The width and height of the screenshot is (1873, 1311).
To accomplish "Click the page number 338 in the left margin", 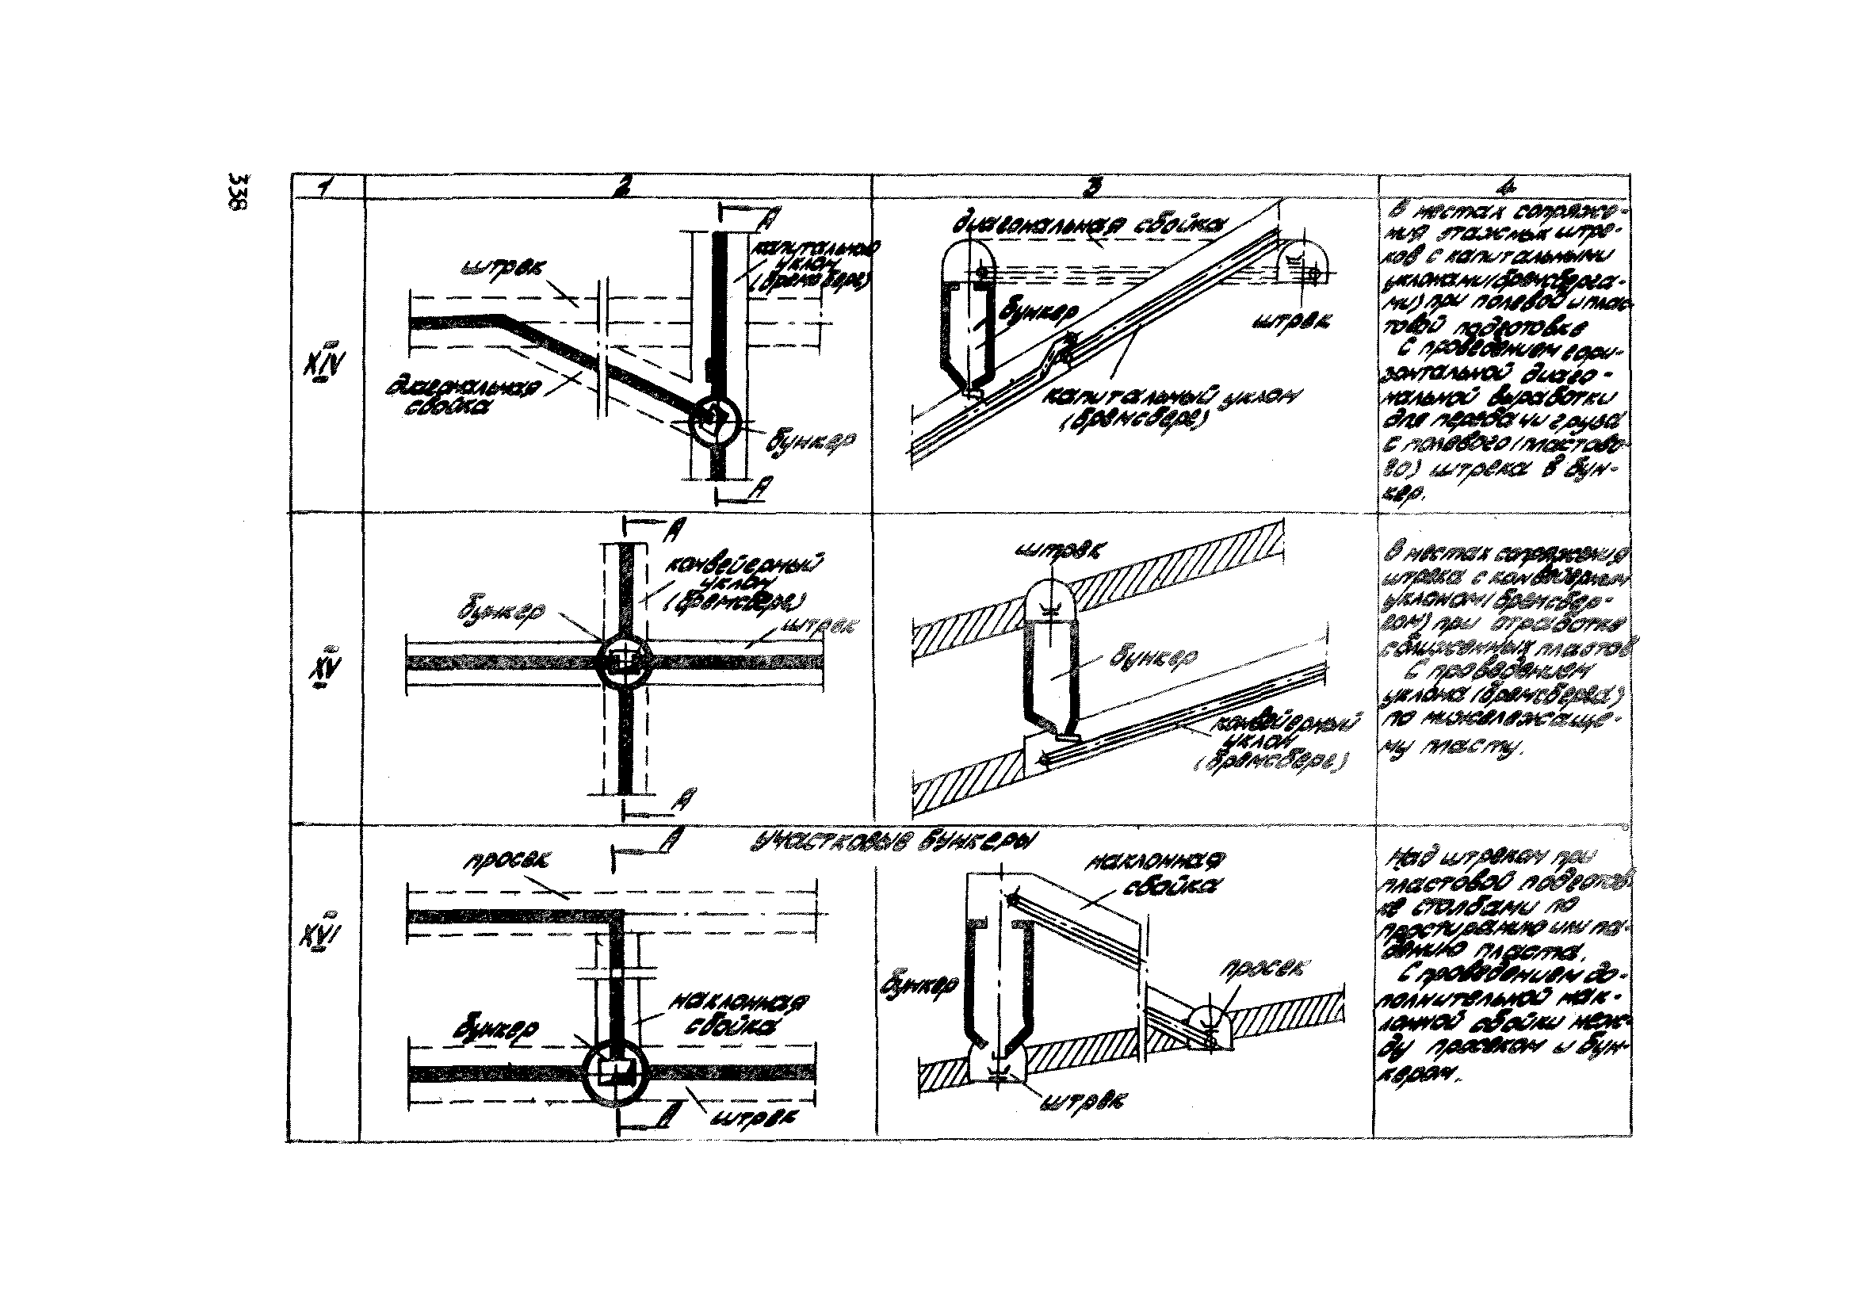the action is tap(240, 192).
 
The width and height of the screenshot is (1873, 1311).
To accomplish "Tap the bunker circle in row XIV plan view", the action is tap(715, 421).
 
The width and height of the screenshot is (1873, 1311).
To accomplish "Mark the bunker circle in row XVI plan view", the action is tap(616, 1073).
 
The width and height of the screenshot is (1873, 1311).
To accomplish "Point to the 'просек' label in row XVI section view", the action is tap(1260, 968).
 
